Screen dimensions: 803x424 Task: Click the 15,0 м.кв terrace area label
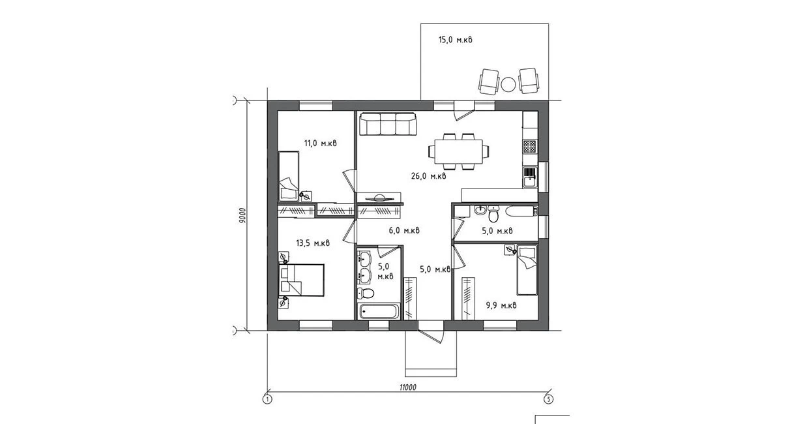coord(455,39)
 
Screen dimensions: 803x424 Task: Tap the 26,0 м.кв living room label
coord(428,176)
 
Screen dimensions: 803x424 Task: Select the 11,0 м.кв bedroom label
coord(320,144)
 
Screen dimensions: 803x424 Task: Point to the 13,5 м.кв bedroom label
coord(313,243)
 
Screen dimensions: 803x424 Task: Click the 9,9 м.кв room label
coord(501,306)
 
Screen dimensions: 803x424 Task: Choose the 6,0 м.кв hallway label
coord(404,230)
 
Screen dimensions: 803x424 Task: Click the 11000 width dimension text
coord(408,387)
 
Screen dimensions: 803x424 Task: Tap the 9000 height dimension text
coord(242,215)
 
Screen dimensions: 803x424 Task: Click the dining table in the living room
coord(458,151)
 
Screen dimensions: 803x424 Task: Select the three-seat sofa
coord(388,124)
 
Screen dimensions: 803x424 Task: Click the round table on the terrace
coord(508,85)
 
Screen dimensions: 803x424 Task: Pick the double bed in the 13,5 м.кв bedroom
coord(302,280)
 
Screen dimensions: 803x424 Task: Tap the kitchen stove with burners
coord(530,146)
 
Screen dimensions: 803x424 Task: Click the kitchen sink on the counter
coord(530,177)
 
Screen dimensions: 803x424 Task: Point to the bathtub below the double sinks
coord(379,311)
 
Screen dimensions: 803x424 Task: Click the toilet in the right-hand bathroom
coord(493,214)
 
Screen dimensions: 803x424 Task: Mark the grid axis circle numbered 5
coord(547,399)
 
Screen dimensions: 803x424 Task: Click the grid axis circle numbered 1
coord(267,399)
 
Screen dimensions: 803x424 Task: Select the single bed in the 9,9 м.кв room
coord(527,270)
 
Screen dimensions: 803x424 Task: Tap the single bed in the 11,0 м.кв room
coord(289,176)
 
